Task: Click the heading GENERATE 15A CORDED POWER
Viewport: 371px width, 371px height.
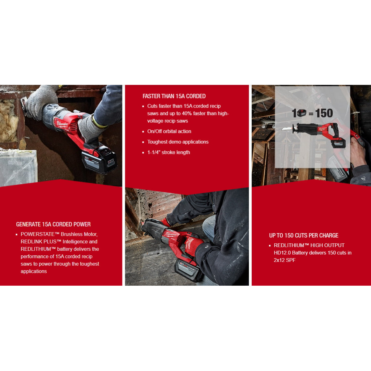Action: (53, 224)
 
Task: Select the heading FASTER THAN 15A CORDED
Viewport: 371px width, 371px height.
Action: (174, 96)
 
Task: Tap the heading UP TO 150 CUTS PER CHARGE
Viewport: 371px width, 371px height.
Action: (304, 235)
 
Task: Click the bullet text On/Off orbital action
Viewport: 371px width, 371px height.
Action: (169, 131)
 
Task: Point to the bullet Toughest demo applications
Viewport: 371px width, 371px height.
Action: (178, 142)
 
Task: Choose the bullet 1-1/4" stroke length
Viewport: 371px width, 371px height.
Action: (168, 152)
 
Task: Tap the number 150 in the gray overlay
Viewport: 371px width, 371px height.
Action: (324, 113)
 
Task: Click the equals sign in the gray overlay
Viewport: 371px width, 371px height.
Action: (311, 114)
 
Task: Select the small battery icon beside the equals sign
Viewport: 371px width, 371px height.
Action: (301, 113)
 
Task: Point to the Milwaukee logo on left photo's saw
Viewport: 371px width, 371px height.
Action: (62, 124)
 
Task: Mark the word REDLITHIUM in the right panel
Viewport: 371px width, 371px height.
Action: (289, 245)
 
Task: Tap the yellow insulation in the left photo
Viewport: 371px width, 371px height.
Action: (8, 121)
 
